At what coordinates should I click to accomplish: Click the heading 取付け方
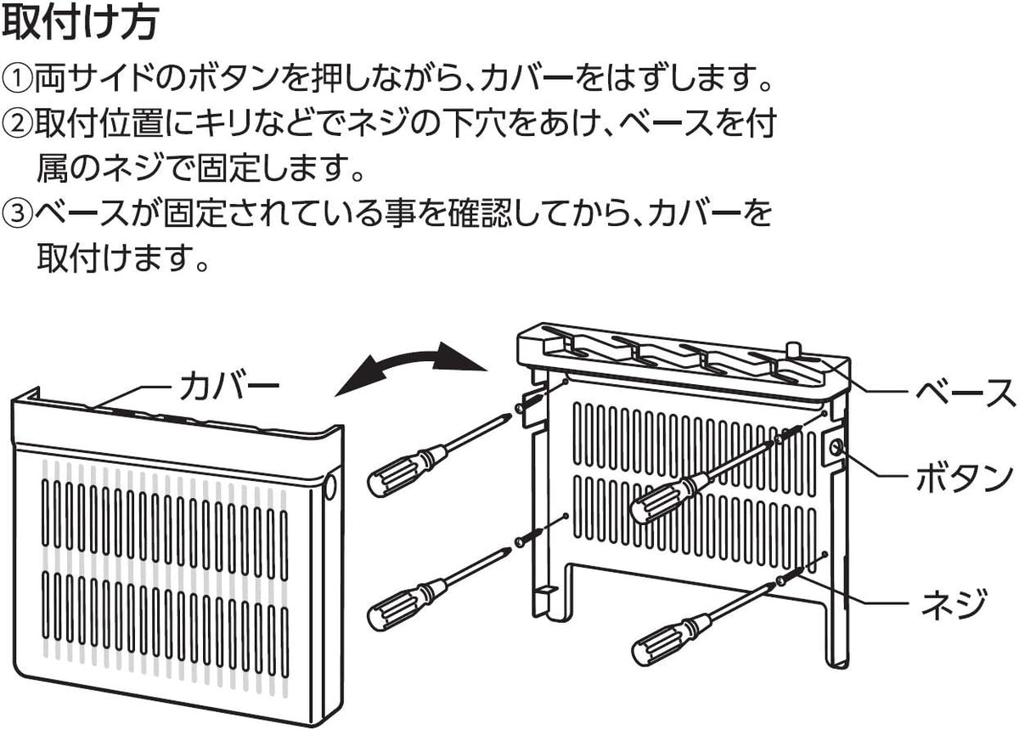81,24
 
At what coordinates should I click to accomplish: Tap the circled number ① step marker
17,79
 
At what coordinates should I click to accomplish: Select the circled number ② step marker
17,124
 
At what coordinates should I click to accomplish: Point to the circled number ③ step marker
17,213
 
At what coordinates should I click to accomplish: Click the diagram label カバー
229,387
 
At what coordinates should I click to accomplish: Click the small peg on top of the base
794,351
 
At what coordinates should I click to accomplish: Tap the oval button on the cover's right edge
329,486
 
